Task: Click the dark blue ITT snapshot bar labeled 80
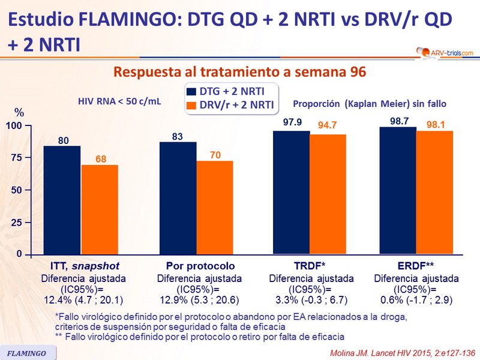[x=62, y=200]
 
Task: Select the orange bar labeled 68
[x=100, y=209]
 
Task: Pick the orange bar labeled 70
[x=215, y=208]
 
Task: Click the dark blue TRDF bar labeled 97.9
[x=292, y=193]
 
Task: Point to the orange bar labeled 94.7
[x=328, y=194]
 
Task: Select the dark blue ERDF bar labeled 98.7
[x=398, y=191]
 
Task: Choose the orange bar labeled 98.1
[x=434, y=193]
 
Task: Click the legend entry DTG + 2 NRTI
[x=231, y=91]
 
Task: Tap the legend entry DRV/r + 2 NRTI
[x=231, y=105]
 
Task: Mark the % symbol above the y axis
[x=19, y=113]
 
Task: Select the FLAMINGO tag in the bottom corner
[x=27, y=352]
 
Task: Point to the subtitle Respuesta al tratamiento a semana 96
[x=239, y=73]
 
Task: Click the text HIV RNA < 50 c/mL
[x=120, y=102]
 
